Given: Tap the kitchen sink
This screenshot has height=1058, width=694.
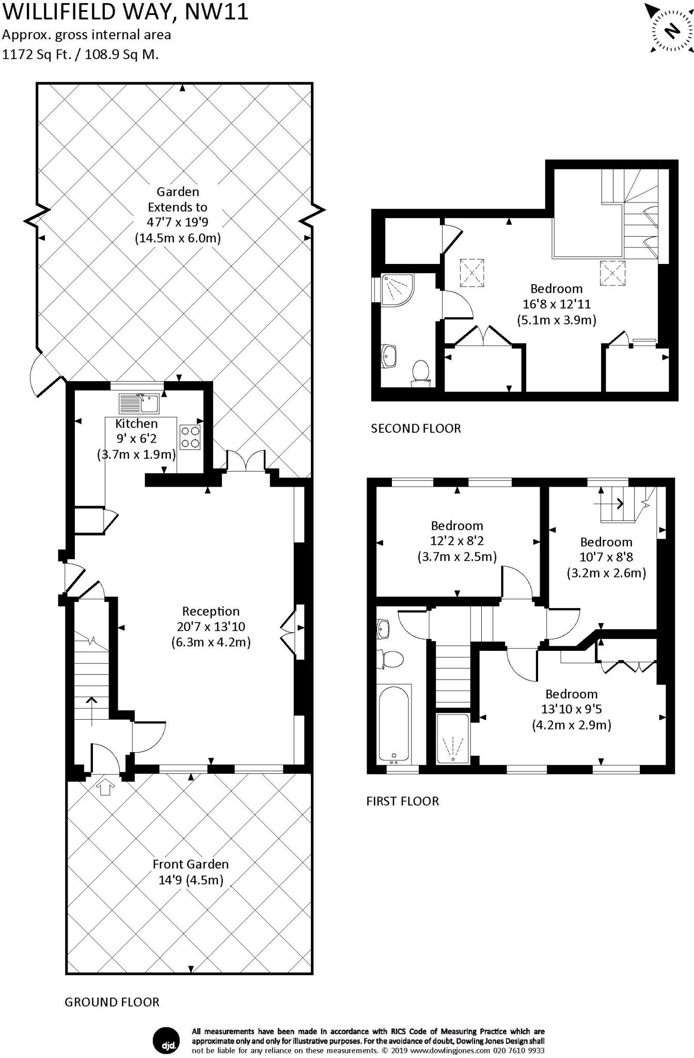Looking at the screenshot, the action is click(x=139, y=403).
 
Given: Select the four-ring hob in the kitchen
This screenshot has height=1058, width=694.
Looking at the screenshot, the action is click(x=190, y=437).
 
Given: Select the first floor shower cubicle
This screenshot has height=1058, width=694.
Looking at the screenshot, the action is click(x=453, y=738).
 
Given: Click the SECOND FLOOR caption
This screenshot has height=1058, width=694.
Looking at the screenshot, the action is click(x=416, y=428).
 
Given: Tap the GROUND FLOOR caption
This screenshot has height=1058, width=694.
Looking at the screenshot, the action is click(x=112, y=1002).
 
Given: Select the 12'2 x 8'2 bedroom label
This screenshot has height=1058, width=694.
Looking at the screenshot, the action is click(x=457, y=541).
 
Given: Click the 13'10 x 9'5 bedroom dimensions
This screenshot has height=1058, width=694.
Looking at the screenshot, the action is click(x=572, y=709).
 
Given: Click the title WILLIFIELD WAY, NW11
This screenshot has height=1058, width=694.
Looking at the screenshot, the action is click(x=125, y=11).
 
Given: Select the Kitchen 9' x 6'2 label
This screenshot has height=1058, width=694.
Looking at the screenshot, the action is click(x=136, y=439).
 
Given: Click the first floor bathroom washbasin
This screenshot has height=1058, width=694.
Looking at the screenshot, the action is click(x=384, y=628).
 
